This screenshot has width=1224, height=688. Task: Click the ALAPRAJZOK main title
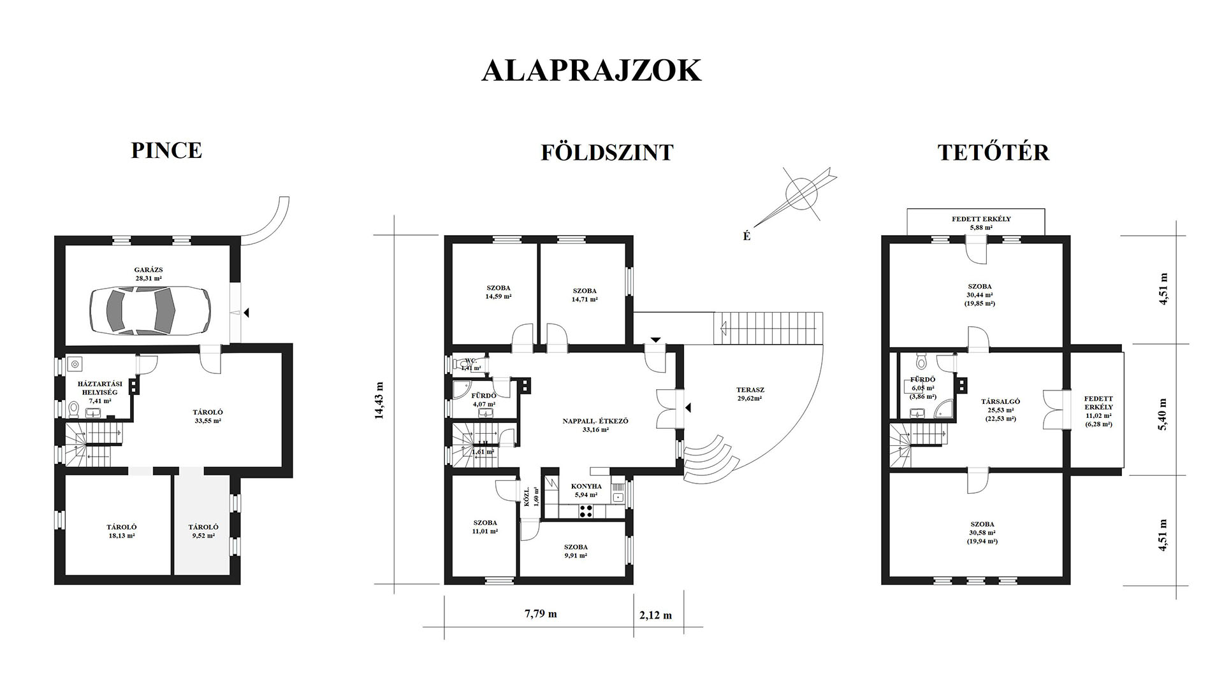click(x=591, y=71)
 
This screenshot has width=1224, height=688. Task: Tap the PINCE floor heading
click(x=166, y=150)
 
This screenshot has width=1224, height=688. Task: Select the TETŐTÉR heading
click(x=993, y=153)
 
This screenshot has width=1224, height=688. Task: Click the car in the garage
click(x=150, y=310)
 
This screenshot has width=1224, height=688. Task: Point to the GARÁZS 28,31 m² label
click(x=148, y=274)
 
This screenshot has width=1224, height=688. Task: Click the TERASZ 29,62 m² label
click(x=750, y=394)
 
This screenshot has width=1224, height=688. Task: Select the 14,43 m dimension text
click(x=381, y=400)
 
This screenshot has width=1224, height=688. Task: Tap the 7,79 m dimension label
click(x=541, y=614)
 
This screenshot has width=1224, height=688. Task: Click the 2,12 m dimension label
click(x=655, y=615)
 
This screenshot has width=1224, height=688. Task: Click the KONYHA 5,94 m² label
click(x=586, y=490)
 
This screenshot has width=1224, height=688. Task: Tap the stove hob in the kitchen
click(x=585, y=510)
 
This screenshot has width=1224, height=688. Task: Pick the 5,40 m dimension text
click(x=1163, y=415)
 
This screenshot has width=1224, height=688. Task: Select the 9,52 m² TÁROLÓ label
click(x=203, y=531)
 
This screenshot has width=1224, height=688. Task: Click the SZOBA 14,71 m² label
click(x=584, y=294)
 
